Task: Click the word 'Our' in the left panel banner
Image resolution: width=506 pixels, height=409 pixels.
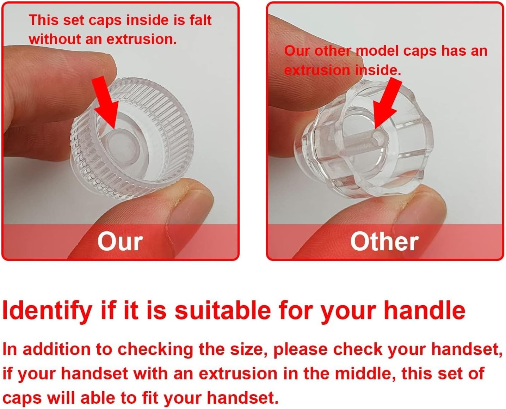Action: tap(120, 242)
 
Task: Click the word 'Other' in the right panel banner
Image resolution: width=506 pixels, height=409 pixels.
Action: tap(384, 241)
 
